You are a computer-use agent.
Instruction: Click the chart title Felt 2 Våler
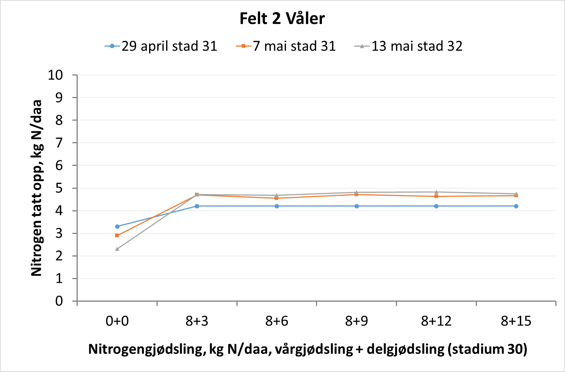[x=282, y=19]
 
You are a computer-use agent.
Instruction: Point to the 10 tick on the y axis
[x=55, y=75]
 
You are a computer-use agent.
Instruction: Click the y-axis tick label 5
[x=59, y=188]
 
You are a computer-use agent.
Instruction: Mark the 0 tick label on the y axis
[x=59, y=301]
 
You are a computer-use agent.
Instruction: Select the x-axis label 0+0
[x=117, y=321]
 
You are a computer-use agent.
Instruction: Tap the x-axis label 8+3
[x=197, y=321]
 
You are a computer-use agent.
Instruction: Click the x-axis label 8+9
[x=356, y=321]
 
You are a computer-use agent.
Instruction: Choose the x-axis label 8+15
[x=516, y=321]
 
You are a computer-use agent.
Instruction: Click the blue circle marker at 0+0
[x=117, y=227]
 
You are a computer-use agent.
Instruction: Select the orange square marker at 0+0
[x=117, y=235]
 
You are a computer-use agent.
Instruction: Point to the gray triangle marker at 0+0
[x=117, y=249]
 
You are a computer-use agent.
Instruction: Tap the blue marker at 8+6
[x=277, y=206]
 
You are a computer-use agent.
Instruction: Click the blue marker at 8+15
[x=516, y=206]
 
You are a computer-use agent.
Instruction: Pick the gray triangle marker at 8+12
[x=436, y=192]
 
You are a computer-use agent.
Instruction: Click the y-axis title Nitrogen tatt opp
[x=36, y=188]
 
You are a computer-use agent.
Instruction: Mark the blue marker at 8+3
[x=197, y=206]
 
